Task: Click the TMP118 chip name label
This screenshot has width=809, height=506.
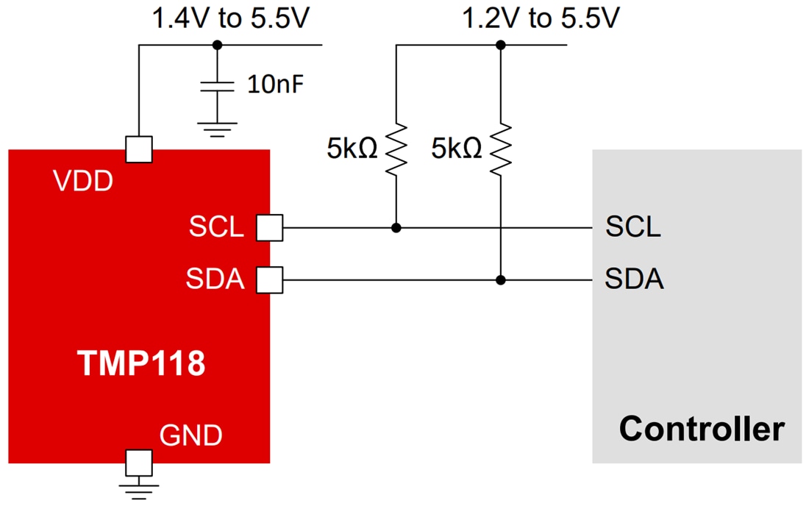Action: [141, 363]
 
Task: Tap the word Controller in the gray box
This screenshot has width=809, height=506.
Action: [701, 428]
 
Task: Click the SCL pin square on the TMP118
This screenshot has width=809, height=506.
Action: [269, 228]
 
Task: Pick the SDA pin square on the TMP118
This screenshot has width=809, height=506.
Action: [269, 279]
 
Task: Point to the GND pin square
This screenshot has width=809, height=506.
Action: [139, 463]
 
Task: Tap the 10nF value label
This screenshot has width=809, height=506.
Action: [274, 86]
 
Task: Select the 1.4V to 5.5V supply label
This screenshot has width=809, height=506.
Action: [229, 18]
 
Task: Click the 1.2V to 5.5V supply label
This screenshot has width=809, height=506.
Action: [540, 18]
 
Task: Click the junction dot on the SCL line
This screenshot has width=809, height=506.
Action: [396, 228]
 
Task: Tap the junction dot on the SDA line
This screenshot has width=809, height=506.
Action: [501, 279]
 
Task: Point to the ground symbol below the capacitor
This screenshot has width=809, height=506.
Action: [216, 130]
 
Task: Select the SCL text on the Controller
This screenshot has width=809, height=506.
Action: [632, 227]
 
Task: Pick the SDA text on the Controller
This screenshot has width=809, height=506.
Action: [634, 279]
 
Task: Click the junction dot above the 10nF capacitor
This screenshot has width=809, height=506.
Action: [216, 45]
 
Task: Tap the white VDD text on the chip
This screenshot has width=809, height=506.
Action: [83, 182]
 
